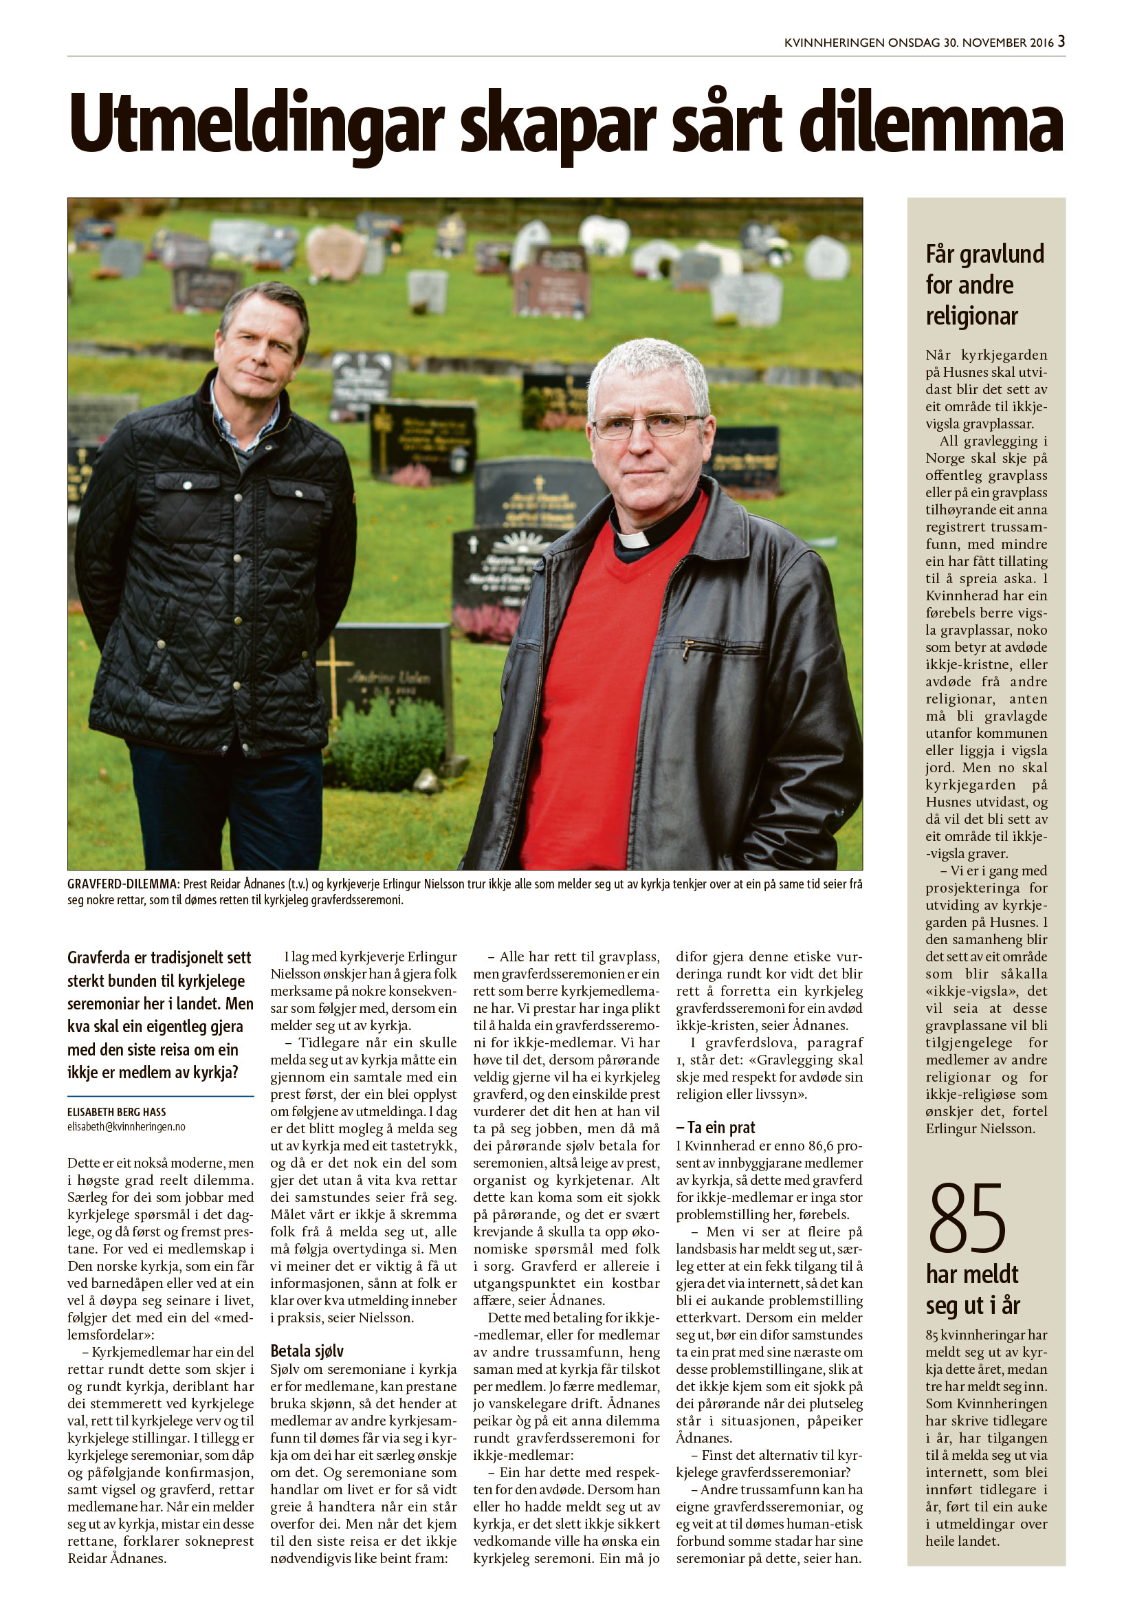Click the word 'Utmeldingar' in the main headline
pyautogui.click(x=256, y=124)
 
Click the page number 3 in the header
pyautogui.click(x=1061, y=41)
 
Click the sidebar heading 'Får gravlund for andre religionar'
pyautogui.click(x=984, y=284)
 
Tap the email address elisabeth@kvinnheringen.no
pyautogui.click(x=126, y=1127)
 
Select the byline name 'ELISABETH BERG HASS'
pyautogui.click(x=117, y=1111)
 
